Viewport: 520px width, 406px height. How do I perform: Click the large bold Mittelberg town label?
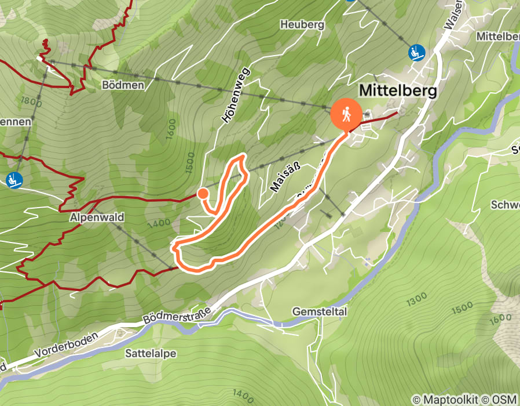pos(397,90)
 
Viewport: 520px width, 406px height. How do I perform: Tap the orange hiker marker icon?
pos(346,114)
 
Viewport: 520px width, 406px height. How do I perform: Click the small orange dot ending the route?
pos(203,193)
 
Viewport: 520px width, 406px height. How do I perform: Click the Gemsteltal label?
pos(320,312)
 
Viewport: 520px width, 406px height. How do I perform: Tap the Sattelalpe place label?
pos(151,353)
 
